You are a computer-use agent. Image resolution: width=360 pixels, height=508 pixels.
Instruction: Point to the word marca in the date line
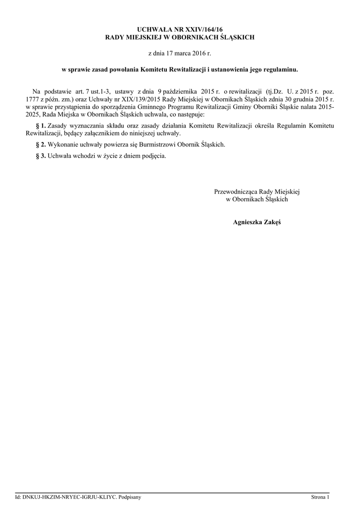click(x=189, y=52)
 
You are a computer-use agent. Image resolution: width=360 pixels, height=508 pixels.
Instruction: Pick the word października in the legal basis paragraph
click(x=179, y=92)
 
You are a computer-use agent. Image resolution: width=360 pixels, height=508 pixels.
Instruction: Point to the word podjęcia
click(x=153, y=156)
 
